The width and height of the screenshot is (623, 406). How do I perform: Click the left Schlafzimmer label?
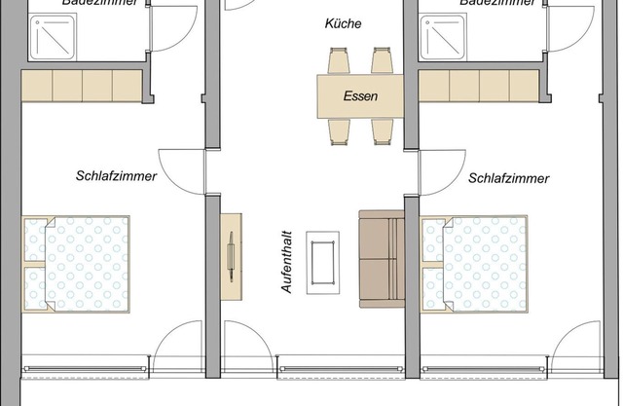[x=117, y=176]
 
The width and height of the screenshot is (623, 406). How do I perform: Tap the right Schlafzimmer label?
[x=508, y=178]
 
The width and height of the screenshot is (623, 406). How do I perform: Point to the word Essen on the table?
[x=360, y=96]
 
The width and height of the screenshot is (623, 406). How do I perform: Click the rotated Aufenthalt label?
[x=287, y=261]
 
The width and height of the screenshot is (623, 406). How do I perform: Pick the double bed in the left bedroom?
[x=77, y=264]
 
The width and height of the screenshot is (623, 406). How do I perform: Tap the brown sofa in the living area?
[x=381, y=259]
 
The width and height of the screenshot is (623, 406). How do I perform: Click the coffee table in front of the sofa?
[x=323, y=262]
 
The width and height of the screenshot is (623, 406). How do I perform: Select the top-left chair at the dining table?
[x=339, y=62]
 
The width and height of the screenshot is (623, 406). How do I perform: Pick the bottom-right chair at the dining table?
[x=382, y=129]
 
